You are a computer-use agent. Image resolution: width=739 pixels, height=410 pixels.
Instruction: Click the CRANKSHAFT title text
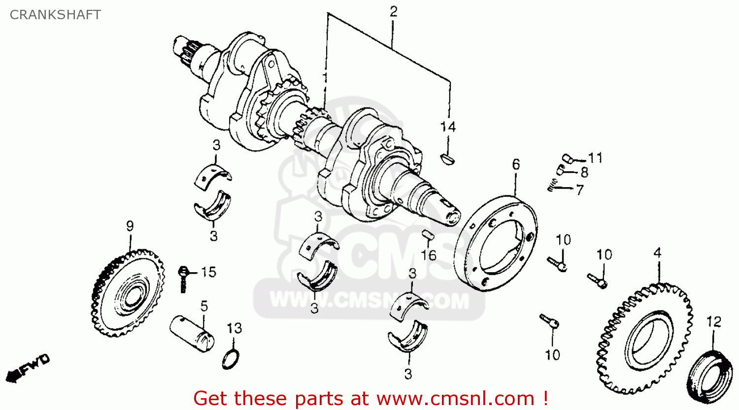(55, 15)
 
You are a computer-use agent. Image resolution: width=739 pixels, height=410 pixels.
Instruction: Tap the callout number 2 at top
(393, 12)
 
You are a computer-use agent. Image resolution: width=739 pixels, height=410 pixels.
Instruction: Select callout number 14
(448, 126)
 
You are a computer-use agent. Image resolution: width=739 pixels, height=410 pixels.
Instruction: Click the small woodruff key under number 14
(448, 158)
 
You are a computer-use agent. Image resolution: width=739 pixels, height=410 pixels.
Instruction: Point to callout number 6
(516, 164)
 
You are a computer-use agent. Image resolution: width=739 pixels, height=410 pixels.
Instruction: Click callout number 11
(596, 158)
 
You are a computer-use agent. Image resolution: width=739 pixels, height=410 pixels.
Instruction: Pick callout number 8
(584, 172)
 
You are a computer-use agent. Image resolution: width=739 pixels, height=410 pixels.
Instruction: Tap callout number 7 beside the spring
(580, 190)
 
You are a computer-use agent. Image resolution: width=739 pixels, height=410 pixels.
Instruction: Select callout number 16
(429, 255)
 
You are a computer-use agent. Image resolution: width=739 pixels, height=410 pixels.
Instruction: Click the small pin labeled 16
(428, 235)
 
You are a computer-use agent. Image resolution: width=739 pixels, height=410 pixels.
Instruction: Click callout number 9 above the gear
(130, 226)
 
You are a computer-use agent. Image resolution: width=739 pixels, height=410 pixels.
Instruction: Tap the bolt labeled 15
(183, 279)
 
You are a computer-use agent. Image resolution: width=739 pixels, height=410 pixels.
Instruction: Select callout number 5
(204, 306)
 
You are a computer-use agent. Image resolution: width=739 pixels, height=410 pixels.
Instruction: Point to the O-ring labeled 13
(231, 360)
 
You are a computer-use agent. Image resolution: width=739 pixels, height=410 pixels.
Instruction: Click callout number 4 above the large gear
(658, 253)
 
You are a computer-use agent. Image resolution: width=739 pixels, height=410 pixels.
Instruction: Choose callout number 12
(714, 322)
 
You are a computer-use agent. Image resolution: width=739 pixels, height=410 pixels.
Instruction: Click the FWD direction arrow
(28, 368)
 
